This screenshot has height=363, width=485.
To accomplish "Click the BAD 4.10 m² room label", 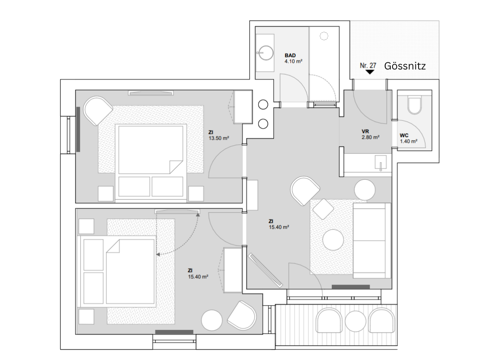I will tap(293, 58).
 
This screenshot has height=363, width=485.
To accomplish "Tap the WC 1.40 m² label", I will tap(408, 138).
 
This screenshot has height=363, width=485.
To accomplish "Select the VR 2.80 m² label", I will tap(370, 134).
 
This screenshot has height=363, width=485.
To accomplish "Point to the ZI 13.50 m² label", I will tap(218, 135).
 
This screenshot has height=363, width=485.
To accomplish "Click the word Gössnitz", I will tap(405, 66).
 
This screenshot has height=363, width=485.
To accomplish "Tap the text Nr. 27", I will tap(368, 65).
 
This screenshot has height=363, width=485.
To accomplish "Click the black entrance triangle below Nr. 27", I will tap(370, 72).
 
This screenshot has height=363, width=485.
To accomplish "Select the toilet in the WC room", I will tap(414, 106).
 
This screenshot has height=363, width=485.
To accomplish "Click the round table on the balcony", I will tap(356, 321).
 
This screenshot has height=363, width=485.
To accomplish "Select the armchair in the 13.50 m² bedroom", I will tap(98, 110).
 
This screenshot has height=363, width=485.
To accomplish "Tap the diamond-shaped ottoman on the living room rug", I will tap(323, 208).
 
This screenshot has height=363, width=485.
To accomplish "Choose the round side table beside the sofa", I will tap(365, 190).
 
